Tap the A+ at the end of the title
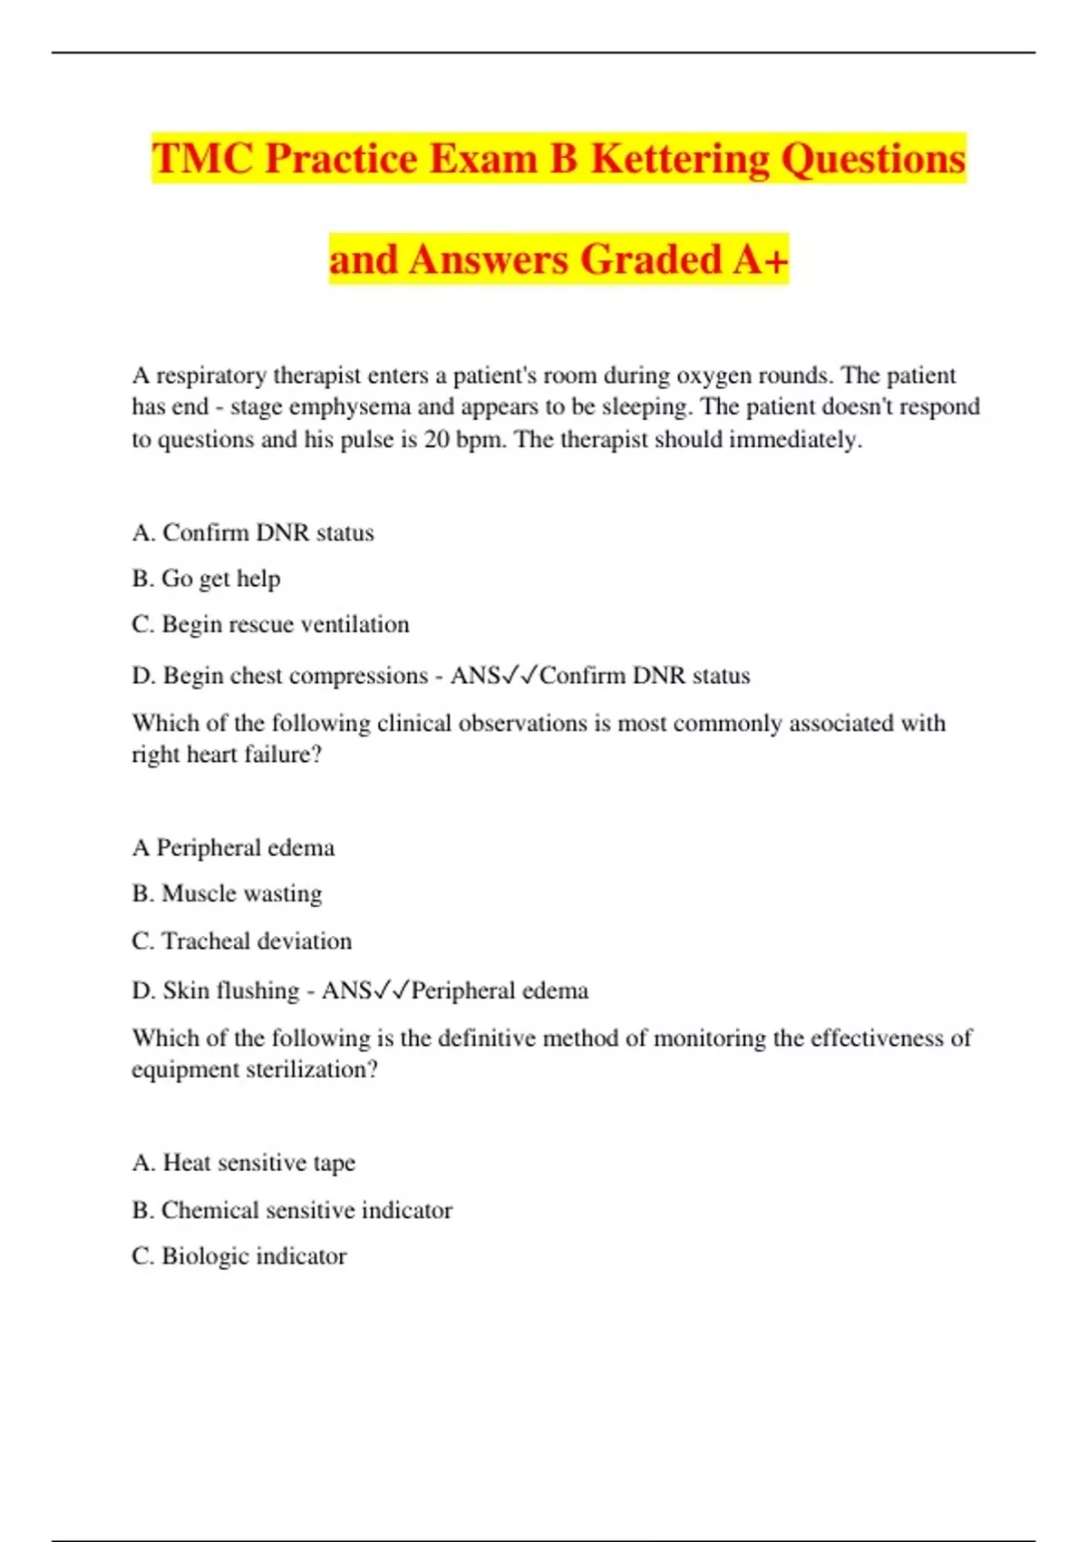click(761, 259)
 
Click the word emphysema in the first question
click(349, 406)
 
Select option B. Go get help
click(206, 579)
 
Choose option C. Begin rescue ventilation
click(270, 625)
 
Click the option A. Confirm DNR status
click(253, 532)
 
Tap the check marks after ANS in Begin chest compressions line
click(520, 676)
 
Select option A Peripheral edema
click(233, 848)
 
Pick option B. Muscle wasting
click(227, 894)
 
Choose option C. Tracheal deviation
click(241, 942)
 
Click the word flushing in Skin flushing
click(257, 991)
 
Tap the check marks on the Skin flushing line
click(392, 991)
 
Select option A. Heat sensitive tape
click(243, 1163)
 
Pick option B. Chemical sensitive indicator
click(292, 1211)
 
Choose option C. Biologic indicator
click(239, 1257)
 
